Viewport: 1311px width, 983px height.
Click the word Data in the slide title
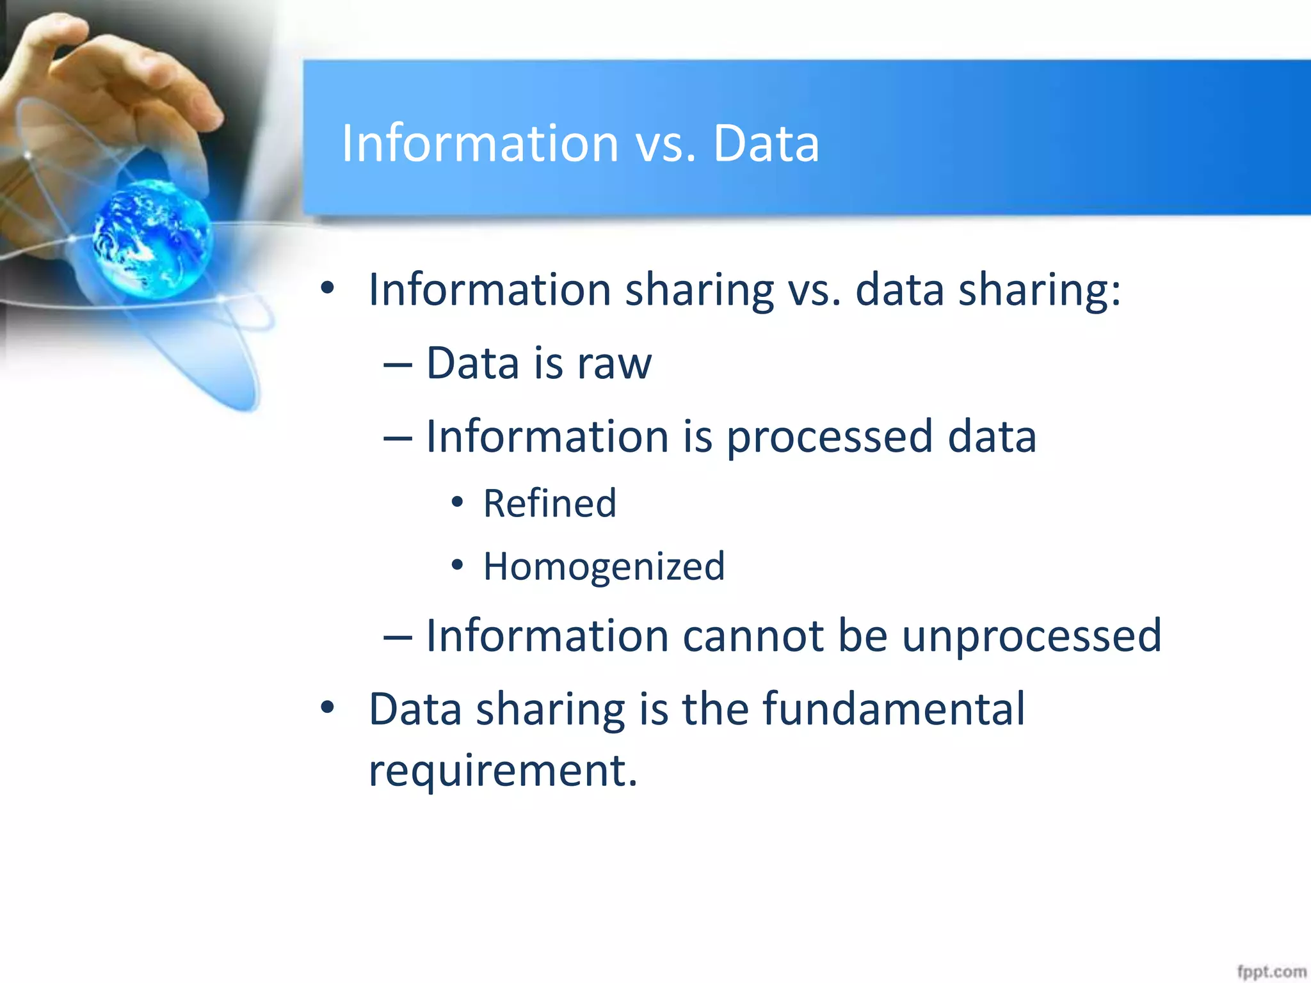point(766,143)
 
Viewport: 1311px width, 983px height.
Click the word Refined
point(549,503)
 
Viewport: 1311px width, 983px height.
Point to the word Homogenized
point(604,566)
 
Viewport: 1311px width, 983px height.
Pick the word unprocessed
point(1031,636)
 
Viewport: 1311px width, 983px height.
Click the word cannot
point(753,636)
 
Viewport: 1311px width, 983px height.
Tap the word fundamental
point(894,709)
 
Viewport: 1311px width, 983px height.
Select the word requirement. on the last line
point(503,770)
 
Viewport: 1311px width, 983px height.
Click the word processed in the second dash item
point(830,436)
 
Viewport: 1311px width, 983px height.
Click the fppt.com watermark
point(1271,971)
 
